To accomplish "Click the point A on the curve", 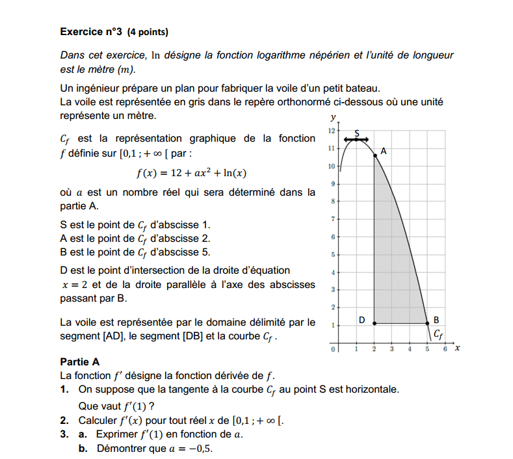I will point(375,155).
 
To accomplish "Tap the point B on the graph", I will point(427,323).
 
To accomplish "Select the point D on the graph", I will point(374,323).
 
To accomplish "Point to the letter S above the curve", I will point(356,133).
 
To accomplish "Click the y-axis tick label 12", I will point(332,131).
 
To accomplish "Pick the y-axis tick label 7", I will point(332,219).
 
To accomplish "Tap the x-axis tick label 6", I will point(445,349).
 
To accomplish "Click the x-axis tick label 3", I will point(392,349).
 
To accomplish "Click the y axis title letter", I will point(334,118).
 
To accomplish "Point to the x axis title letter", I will point(457,348).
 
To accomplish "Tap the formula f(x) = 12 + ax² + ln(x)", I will point(191,173).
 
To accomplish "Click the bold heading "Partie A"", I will point(79,362).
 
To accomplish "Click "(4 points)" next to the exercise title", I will point(148,31).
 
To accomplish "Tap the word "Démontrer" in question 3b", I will point(121,449).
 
